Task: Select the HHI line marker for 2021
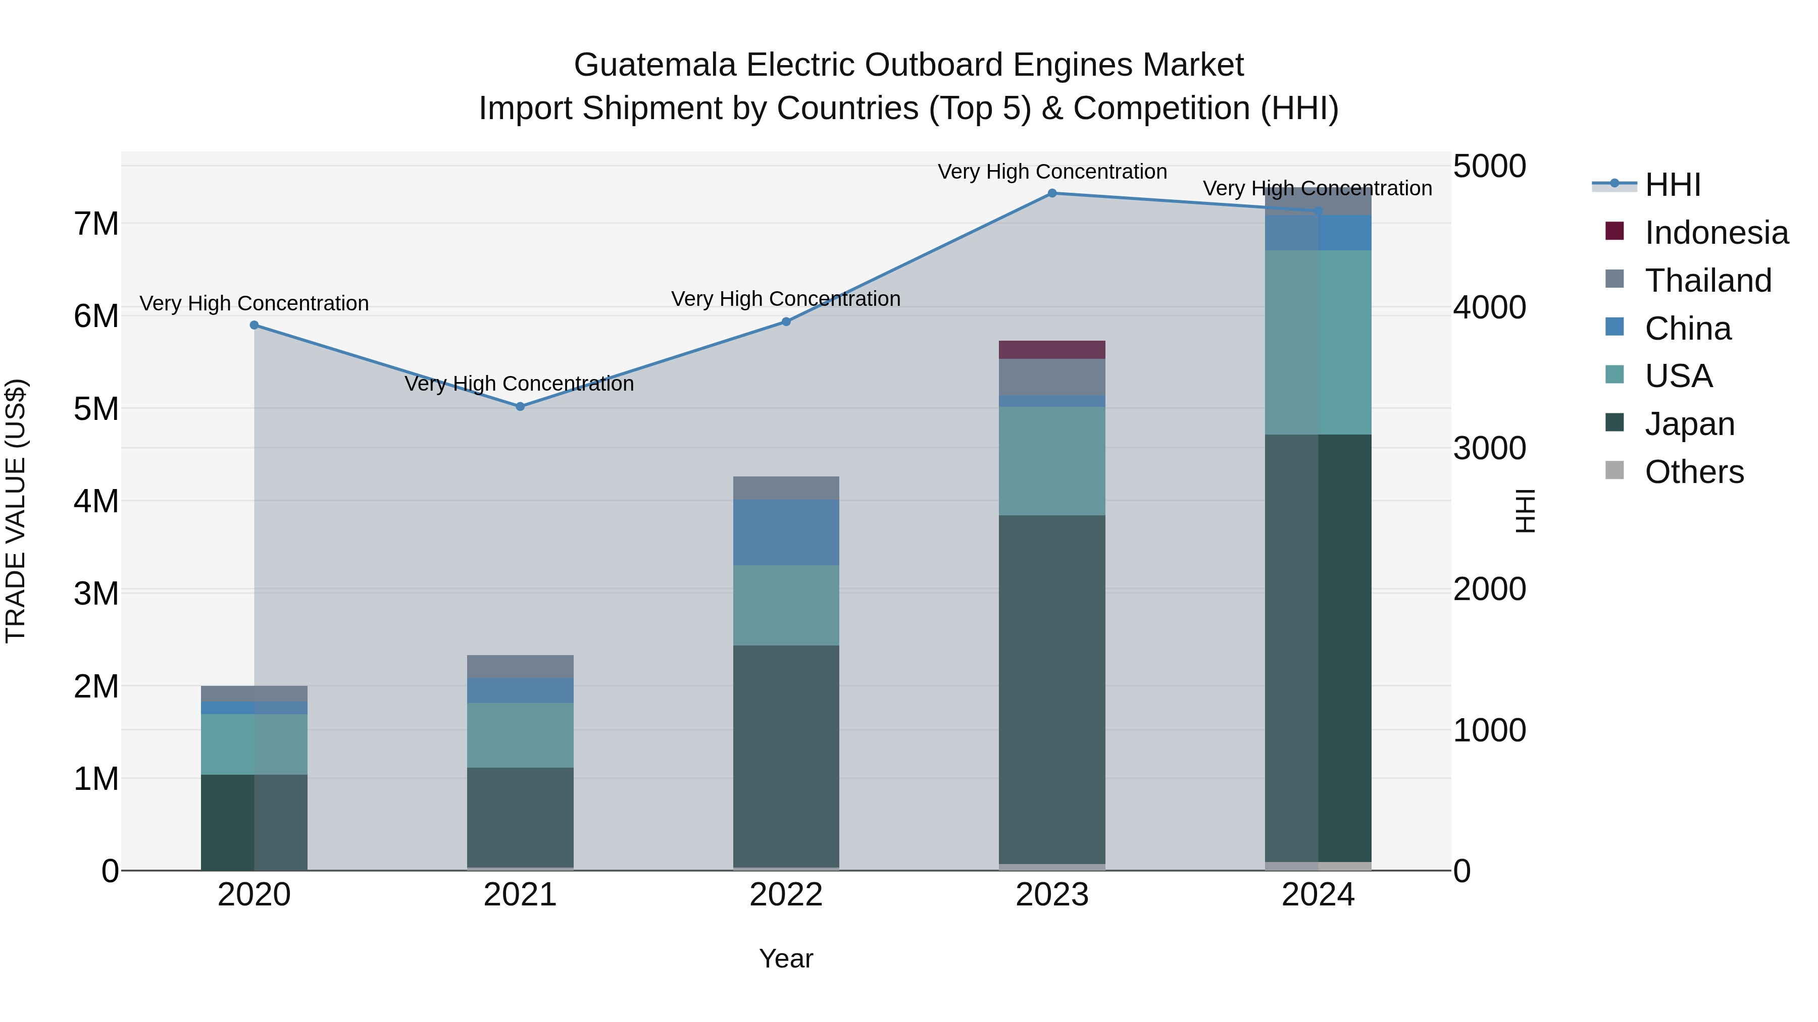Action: point(520,406)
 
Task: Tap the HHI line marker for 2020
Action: point(254,325)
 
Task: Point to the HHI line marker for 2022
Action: point(786,321)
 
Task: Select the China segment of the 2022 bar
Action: point(786,532)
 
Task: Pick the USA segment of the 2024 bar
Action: point(1318,342)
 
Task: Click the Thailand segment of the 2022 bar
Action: point(786,488)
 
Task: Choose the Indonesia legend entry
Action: point(1715,233)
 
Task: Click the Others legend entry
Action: point(1694,472)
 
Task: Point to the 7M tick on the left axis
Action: point(96,224)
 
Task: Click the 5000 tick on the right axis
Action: point(1489,167)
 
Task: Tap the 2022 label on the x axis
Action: point(786,895)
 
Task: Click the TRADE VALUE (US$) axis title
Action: point(16,511)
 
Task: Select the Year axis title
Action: point(786,958)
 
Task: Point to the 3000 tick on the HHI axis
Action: point(1489,449)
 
